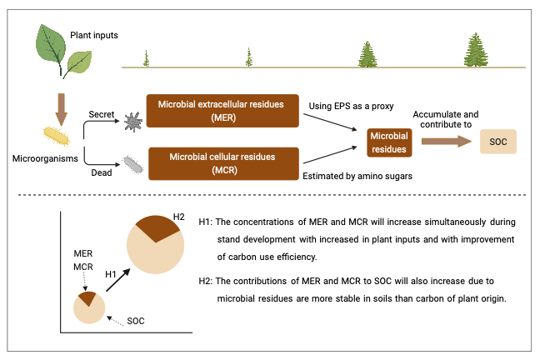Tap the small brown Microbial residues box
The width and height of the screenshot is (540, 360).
389,142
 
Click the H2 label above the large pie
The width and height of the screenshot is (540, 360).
177,217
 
